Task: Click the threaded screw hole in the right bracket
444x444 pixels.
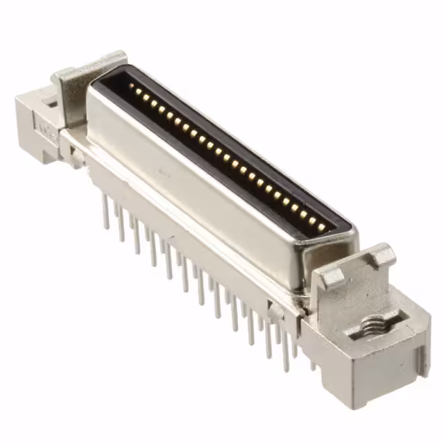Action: pyautogui.click(x=370, y=325)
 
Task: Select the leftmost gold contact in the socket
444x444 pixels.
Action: pyautogui.click(x=133, y=89)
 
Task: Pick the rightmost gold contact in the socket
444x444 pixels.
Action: pyautogui.click(x=321, y=223)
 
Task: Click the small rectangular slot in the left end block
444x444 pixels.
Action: pyautogui.click(x=50, y=104)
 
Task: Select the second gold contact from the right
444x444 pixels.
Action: pyautogui.click(x=312, y=219)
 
